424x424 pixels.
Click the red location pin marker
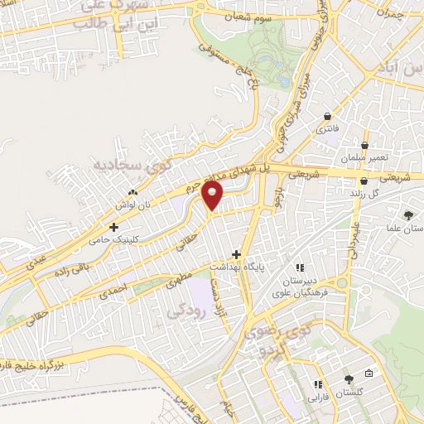pyautogui.click(x=214, y=195)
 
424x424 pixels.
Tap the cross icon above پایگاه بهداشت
pyautogui.click(x=237, y=254)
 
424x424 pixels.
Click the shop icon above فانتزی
pyautogui.click(x=330, y=117)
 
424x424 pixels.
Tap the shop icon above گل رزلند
pyautogui.click(x=364, y=181)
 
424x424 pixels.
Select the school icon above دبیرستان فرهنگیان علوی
pyautogui.click(x=300, y=267)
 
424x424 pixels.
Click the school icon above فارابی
pyautogui.click(x=317, y=384)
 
